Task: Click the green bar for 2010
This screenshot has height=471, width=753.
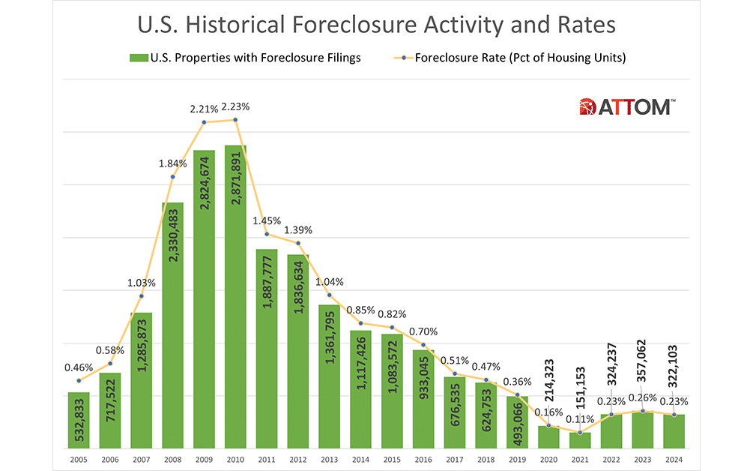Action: (235, 296)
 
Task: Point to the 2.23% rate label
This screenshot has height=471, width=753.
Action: (235, 106)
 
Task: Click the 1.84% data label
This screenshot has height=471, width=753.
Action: (172, 163)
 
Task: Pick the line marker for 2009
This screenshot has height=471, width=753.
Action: (204, 122)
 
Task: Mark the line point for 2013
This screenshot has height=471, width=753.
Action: (329, 296)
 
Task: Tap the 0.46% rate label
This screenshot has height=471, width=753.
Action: (79, 367)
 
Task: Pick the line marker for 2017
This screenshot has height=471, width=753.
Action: (455, 373)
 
